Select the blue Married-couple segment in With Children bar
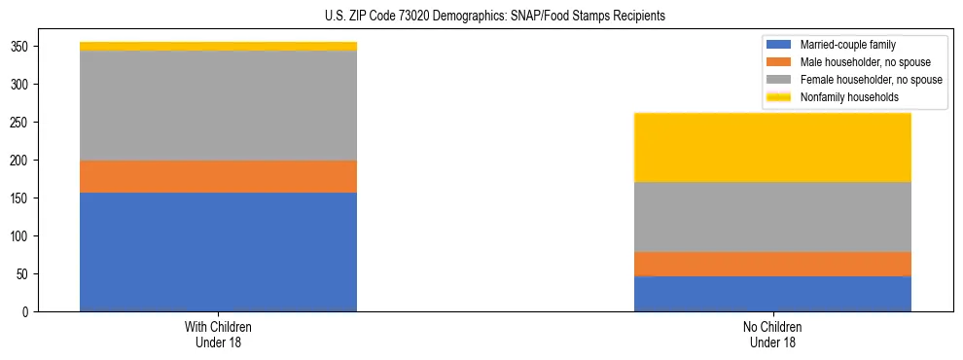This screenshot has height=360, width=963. (218, 252)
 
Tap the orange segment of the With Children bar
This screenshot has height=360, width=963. (218, 176)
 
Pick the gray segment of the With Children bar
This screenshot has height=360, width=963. (218, 105)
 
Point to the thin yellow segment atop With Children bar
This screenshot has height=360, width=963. (218, 46)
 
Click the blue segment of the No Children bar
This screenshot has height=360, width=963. (772, 294)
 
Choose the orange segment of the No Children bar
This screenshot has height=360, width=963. (772, 264)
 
